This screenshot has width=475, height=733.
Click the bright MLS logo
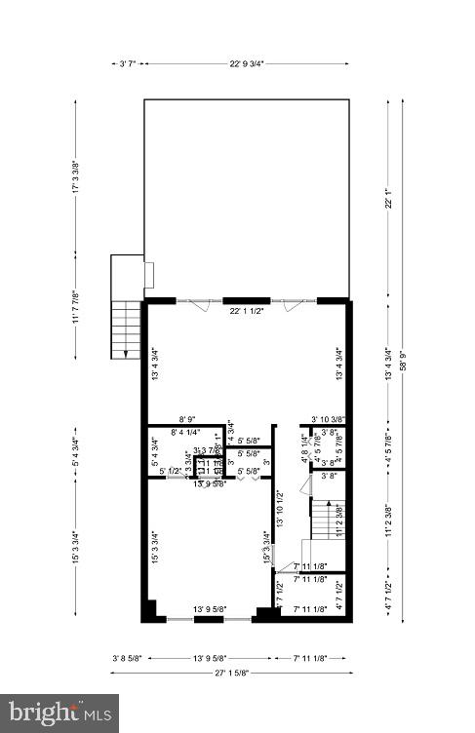click(59, 713)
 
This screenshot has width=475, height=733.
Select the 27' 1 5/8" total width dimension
click(230, 672)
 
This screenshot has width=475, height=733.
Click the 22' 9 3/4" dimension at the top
click(247, 63)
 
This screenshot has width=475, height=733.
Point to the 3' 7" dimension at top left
click(127, 63)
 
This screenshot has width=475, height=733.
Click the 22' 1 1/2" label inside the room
click(248, 312)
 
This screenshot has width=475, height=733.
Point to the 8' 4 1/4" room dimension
click(186, 432)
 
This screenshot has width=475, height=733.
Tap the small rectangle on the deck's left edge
click(148, 276)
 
